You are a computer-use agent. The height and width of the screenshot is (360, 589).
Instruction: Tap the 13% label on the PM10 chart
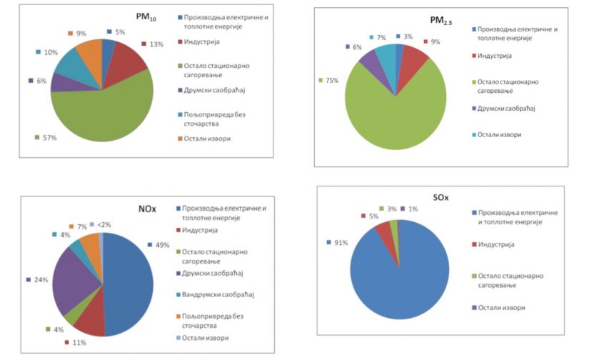[x=156, y=44]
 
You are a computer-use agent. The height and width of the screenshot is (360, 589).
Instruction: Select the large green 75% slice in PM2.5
[x=396, y=114]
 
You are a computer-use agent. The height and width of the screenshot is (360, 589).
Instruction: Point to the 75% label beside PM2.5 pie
[x=333, y=80]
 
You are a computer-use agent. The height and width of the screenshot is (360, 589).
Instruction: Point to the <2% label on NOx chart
[x=104, y=224]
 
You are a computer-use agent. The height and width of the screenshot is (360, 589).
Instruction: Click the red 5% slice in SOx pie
[x=383, y=229]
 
